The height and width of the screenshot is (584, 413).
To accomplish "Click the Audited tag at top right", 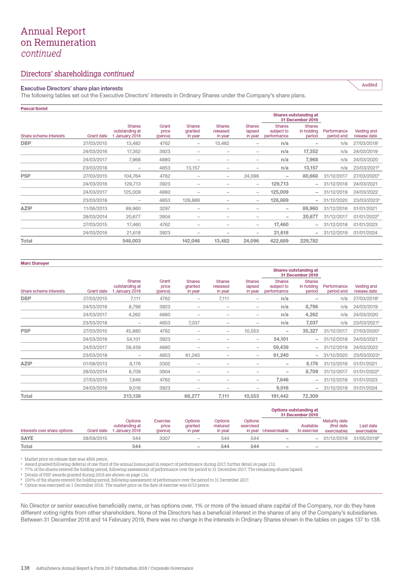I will pyautogui.click(x=369, y=85).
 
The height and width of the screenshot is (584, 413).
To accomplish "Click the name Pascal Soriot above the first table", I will pyautogui.click(x=34, y=108).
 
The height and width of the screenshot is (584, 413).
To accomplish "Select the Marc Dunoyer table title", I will pyautogui.click(x=35, y=263).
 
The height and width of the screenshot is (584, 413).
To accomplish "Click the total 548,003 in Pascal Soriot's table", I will pyautogui.click(x=131, y=241).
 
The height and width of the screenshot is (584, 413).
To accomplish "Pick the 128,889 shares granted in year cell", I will pyautogui.click(x=193, y=200).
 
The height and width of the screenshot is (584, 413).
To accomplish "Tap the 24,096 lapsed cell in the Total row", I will pyautogui.click(x=251, y=241).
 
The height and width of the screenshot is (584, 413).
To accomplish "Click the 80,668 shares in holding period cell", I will pyautogui.click(x=310, y=176).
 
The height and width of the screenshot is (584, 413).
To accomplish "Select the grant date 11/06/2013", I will pyautogui.click(x=95, y=208).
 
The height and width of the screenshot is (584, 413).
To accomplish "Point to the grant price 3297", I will pyautogui.click(x=165, y=208).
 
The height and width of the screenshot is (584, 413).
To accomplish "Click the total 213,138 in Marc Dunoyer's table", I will pyautogui.click(x=132, y=396).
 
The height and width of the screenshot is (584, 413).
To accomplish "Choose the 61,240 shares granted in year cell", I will pyautogui.click(x=192, y=355).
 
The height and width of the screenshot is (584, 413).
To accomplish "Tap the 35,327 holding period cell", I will pyautogui.click(x=310, y=331).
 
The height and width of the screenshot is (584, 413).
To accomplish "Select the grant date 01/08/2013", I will pyautogui.click(x=95, y=363).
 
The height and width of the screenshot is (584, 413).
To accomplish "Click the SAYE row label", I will pyautogui.click(x=27, y=438).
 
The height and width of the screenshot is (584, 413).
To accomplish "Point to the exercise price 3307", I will pyautogui.click(x=165, y=438).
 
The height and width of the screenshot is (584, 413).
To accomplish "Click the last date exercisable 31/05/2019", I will pyautogui.click(x=365, y=438).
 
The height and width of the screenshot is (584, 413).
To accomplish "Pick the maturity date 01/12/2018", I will pyautogui.click(x=335, y=438).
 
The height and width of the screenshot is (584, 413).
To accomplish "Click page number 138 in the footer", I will pyautogui.click(x=25, y=568).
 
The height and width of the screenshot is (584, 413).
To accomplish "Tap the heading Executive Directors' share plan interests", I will pyautogui.click(x=72, y=88).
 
